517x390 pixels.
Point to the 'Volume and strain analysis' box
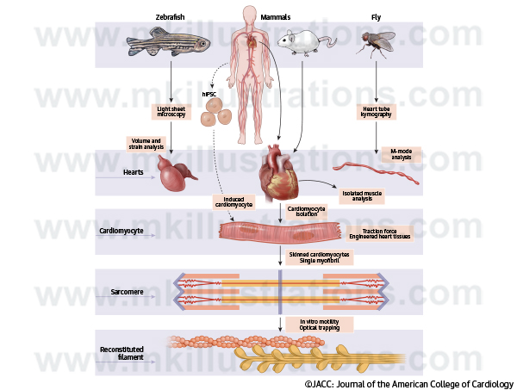click(147, 143)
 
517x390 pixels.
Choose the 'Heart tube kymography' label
click(377, 112)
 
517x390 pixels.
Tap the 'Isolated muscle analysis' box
click(362, 195)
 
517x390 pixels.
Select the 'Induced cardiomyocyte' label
click(233, 203)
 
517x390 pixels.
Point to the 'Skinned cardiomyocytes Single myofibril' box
click(318, 257)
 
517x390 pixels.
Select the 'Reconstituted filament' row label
click(121, 354)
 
